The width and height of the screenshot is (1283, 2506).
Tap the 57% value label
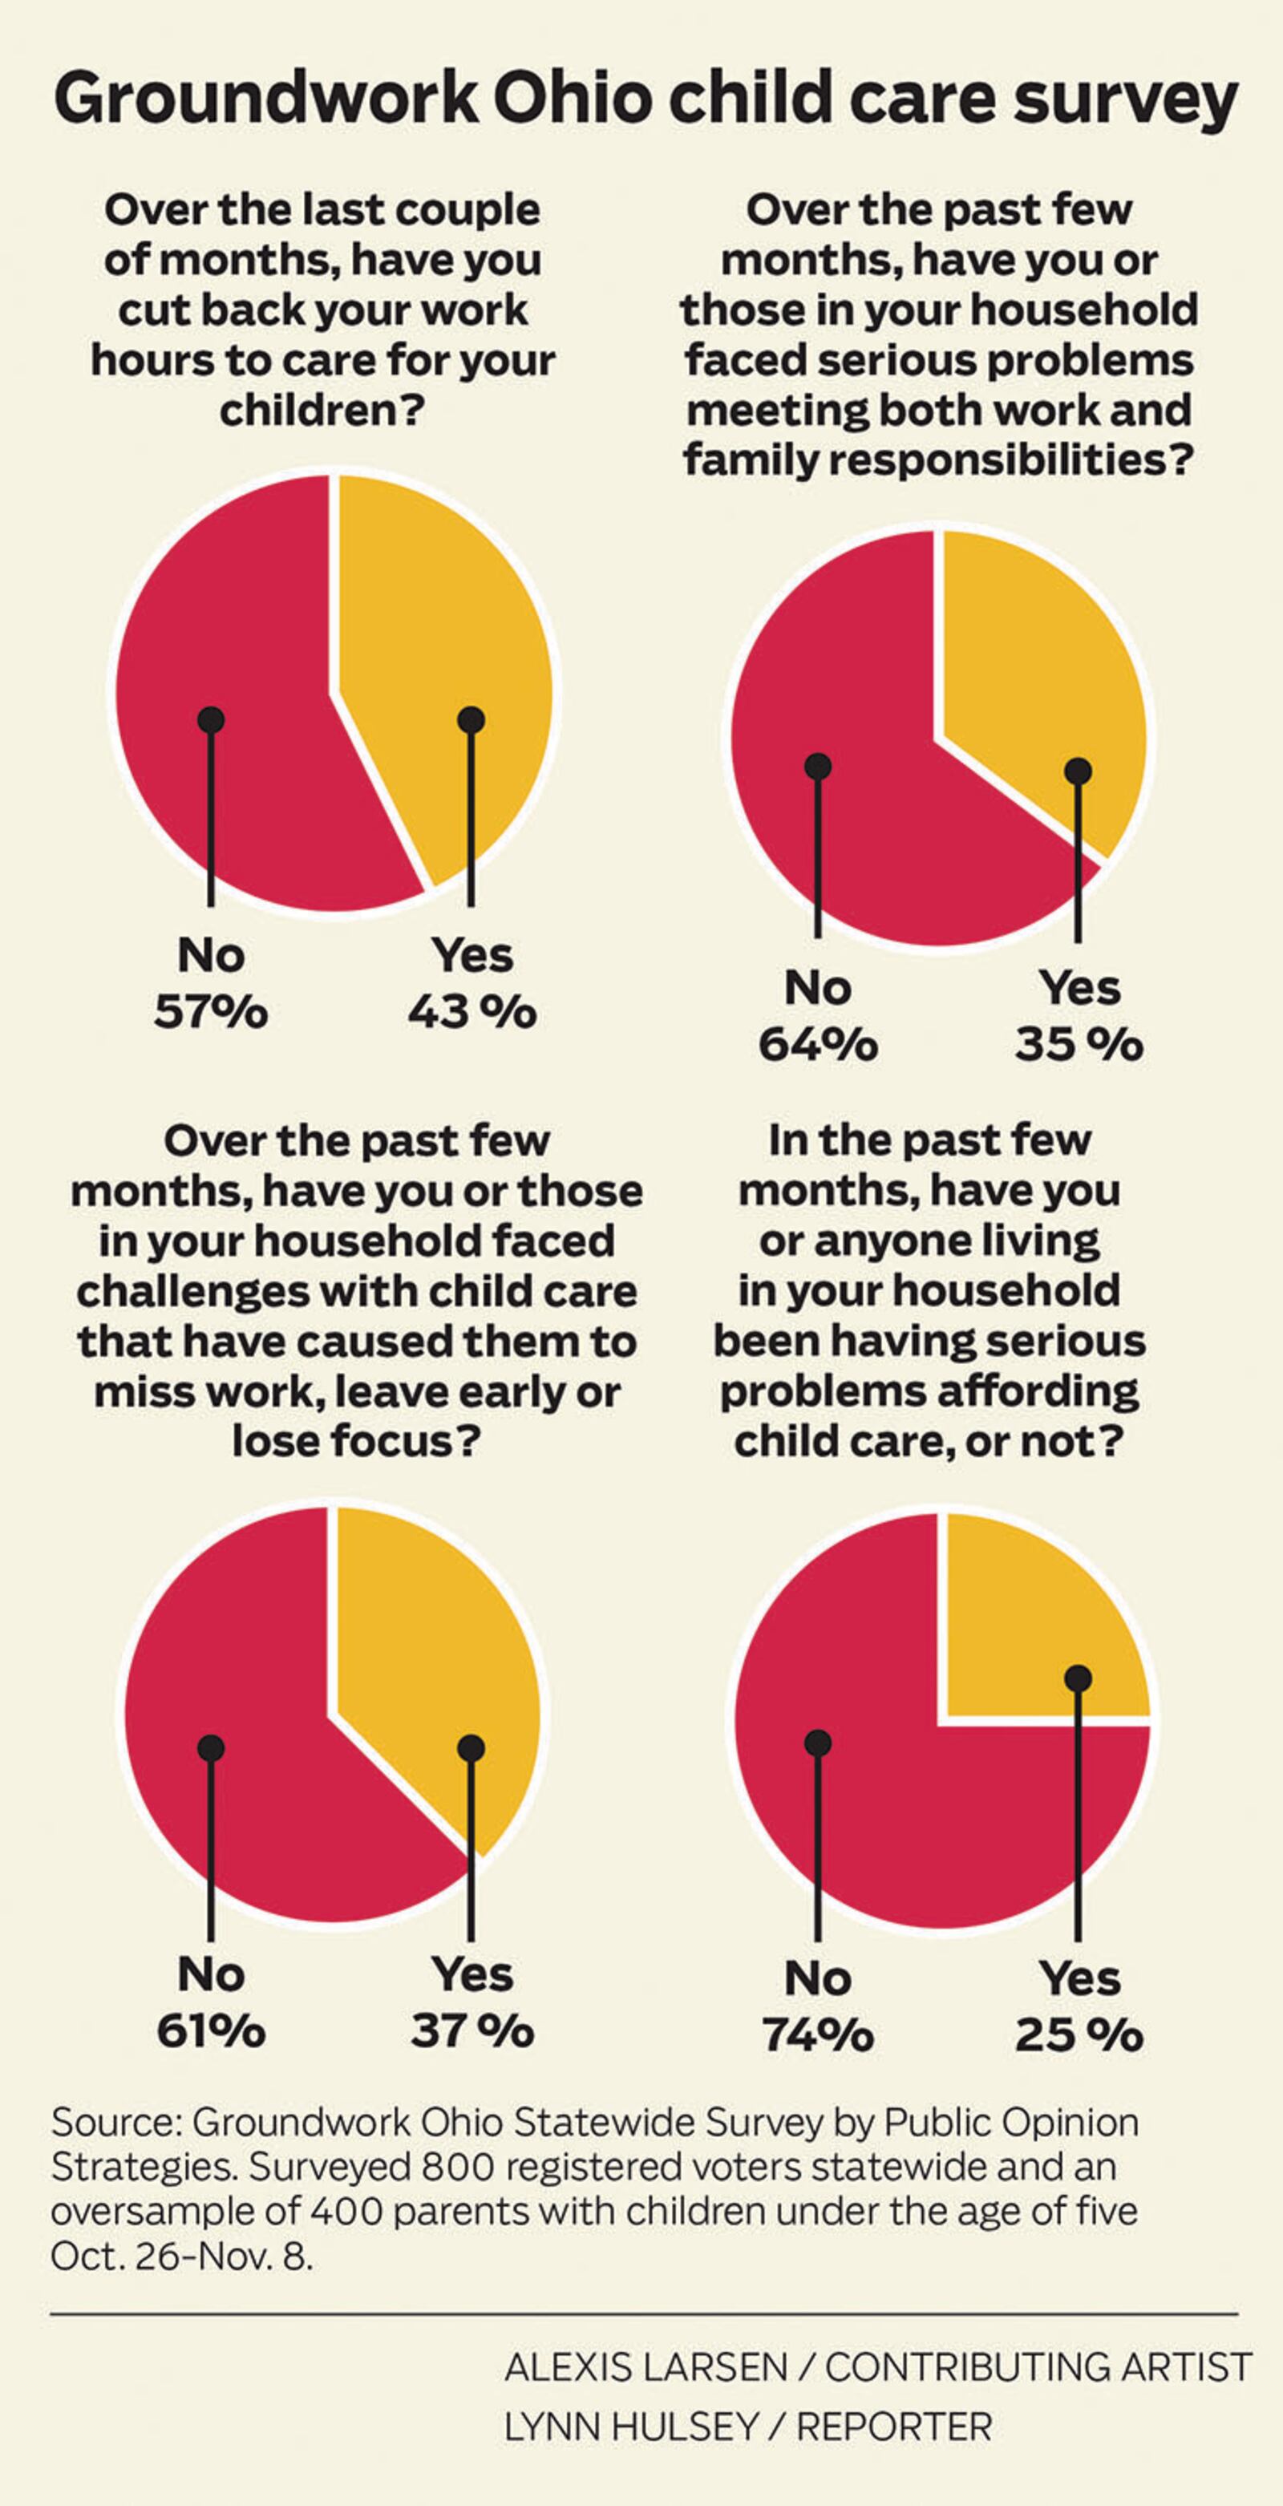pos(210,1013)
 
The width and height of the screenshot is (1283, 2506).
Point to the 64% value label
pos(817,1045)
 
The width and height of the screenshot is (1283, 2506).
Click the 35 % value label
pos(1079,1045)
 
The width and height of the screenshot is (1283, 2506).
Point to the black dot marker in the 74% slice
pos(818,1741)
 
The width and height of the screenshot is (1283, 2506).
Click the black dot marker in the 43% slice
pos(472,720)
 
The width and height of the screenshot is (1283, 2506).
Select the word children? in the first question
pos(322,411)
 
